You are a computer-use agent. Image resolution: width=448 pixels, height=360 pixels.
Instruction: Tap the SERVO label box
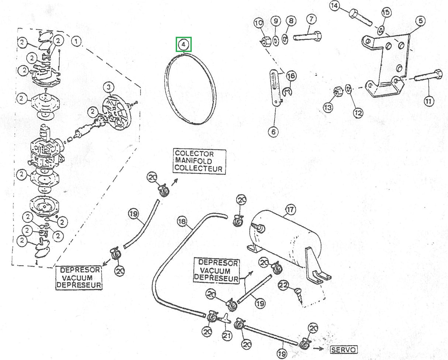pos(344,349)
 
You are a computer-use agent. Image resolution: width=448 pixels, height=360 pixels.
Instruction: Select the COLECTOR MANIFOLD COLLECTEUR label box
pos(199,161)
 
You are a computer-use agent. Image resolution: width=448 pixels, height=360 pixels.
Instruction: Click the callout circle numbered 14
pos(335,6)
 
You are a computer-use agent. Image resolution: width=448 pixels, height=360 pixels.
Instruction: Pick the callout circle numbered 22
pos(283,285)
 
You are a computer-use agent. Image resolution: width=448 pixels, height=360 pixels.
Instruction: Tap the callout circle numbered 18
pos(182,222)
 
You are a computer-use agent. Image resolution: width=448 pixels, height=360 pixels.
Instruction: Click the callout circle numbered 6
pos(273,132)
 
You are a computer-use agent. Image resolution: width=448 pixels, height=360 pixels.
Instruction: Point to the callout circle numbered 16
pos(291,76)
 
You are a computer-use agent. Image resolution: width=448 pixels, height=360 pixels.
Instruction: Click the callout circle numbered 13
pos(328,107)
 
